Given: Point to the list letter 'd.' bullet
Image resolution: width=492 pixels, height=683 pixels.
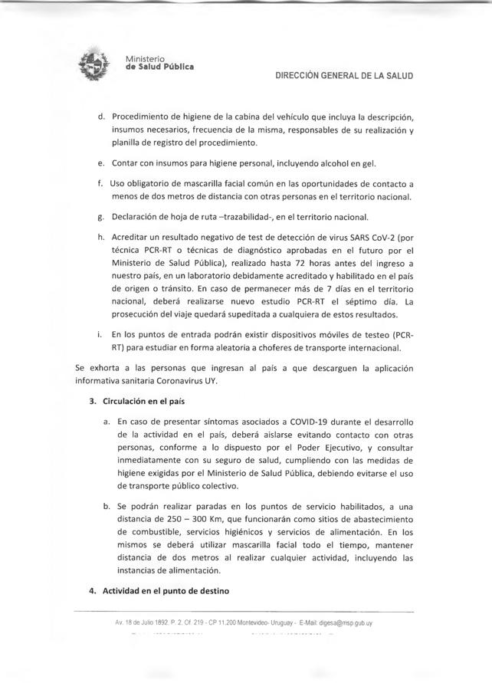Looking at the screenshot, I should pyautogui.click(x=101, y=117).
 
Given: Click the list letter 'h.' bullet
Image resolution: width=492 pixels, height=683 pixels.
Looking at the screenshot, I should pyautogui.click(x=101, y=237).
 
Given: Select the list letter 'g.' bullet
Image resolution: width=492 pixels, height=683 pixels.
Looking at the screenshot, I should pyautogui.click(x=101, y=216).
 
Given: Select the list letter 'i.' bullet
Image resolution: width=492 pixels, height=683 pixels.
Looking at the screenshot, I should pyautogui.click(x=102, y=335).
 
